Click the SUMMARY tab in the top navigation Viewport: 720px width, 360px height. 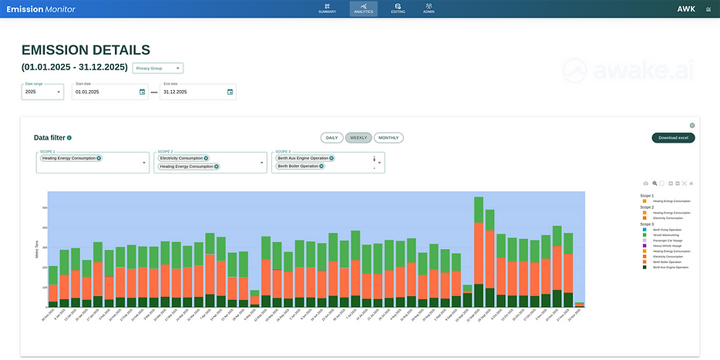[x=327, y=8]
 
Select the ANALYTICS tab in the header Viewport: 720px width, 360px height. [x=363, y=8]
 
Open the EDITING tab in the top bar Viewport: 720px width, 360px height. [x=398, y=8]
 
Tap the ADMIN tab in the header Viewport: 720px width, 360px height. [x=429, y=8]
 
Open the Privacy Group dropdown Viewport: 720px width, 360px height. [x=158, y=68]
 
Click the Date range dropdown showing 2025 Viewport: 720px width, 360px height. [x=43, y=92]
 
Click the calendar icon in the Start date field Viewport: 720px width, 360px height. [x=142, y=92]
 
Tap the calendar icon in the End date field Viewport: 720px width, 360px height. [x=230, y=92]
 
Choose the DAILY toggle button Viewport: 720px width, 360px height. [x=331, y=138]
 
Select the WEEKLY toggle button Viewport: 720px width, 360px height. [x=358, y=138]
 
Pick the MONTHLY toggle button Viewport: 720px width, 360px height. [x=389, y=138]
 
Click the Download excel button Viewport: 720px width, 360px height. [x=673, y=138]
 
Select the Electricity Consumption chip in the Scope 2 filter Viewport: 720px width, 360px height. [x=181, y=158]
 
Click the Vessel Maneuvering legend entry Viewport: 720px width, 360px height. [x=665, y=234]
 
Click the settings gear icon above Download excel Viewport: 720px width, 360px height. [x=692, y=125]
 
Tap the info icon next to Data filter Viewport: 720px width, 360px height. [x=69, y=138]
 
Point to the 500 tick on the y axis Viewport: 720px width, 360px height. [x=45, y=207]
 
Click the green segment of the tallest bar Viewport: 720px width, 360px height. [x=479, y=210]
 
